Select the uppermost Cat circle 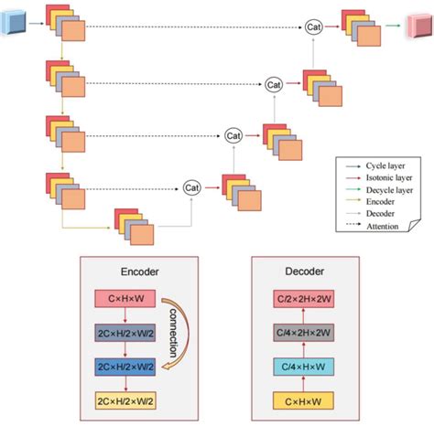point(314,28)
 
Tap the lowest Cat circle point(191,188)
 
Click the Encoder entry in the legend point(381,202)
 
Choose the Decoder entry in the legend point(381,213)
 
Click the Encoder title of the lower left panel point(140,272)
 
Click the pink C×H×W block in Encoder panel point(126,299)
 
